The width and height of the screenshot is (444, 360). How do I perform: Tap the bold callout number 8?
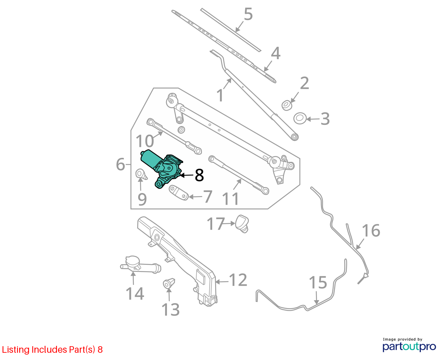[x=199, y=175]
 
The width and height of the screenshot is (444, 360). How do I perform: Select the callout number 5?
[x=248, y=14]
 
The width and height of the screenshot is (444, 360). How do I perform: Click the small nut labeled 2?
[x=287, y=105]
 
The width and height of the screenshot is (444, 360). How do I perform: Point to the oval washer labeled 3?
[x=300, y=118]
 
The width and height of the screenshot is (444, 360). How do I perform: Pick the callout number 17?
[x=216, y=224]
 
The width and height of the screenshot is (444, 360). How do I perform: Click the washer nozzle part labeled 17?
[x=242, y=224]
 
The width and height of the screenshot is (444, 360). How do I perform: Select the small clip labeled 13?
[x=169, y=283]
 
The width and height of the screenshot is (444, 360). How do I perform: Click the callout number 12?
[x=238, y=280]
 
